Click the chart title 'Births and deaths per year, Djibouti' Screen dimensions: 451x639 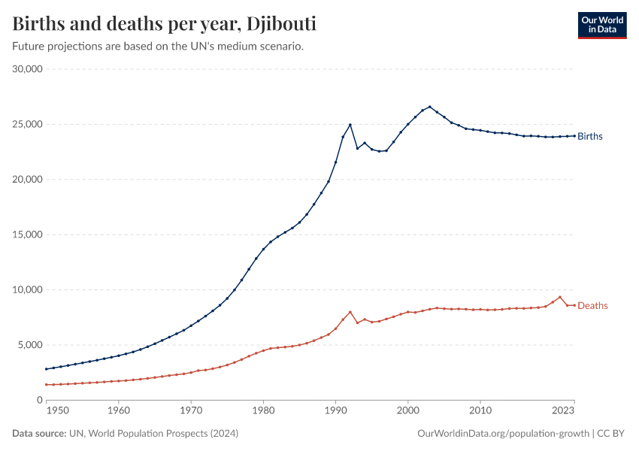165,24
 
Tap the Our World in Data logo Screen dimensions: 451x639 601,24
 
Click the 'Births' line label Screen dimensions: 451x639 590,136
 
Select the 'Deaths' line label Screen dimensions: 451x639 592,306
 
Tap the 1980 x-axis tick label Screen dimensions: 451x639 263,412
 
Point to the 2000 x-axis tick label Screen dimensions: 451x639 408,412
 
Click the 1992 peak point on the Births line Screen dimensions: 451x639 350,125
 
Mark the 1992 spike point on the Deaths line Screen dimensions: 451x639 350,312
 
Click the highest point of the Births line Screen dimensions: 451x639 430,107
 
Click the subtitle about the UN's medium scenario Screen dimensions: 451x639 158,47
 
